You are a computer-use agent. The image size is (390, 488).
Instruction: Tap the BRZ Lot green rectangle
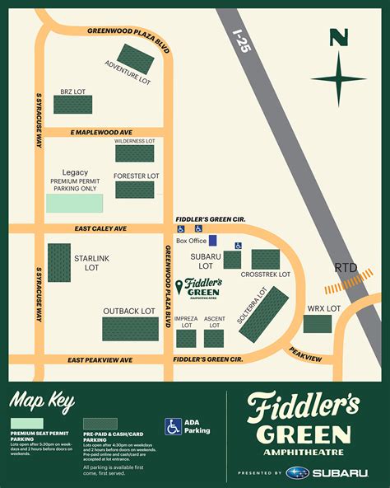pyautogui.click(x=73, y=104)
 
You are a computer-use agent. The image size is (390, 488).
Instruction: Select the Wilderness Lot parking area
pyautogui.click(x=134, y=153)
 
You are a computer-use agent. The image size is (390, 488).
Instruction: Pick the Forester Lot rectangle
pyautogui.click(x=134, y=190)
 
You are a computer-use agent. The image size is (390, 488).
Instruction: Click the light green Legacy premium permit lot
pyautogui.click(x=75, y=204)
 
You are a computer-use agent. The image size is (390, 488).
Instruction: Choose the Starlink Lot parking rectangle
pyautogui.click(x=59, y=265)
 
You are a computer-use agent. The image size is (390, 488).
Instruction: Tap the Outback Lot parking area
pyautogui.click(x=130, y=329)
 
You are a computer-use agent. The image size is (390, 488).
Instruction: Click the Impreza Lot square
pyautogui.click(x=186, y=338)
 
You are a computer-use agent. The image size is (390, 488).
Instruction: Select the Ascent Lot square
pyautogui.click(x=214, y=338)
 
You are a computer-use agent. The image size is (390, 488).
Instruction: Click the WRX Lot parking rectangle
pyautogui.click(x=317, y=323)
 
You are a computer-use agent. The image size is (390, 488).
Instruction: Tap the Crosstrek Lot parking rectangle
pyautogui.click(x=266, y=260)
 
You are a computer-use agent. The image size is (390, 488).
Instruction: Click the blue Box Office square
pyautogui.click(x=213, y=241)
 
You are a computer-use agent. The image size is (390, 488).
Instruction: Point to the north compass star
pyautogui.click(x=338, y=78)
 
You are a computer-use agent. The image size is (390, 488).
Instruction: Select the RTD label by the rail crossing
pyautogui.click(x=346, y=268)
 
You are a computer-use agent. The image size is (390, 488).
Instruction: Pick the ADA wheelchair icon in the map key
pyautogui.click(x=173, y=427)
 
